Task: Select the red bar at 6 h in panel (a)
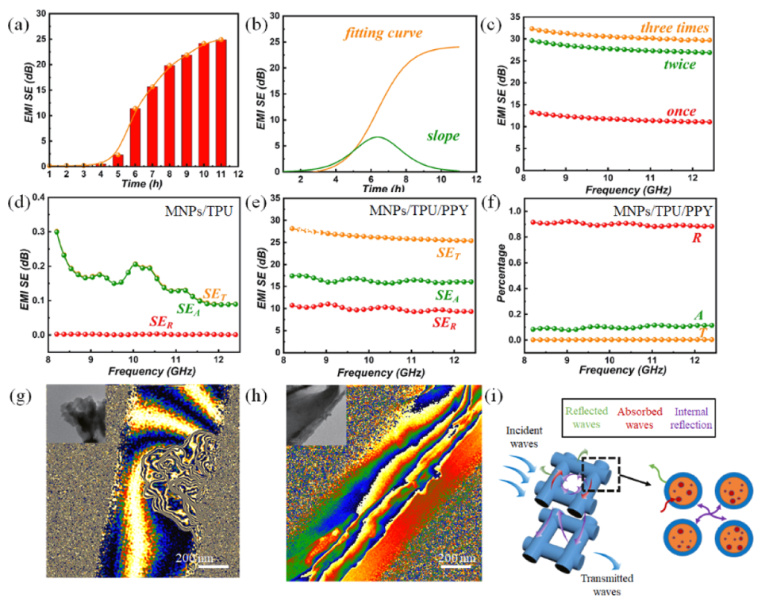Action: click(135, 137)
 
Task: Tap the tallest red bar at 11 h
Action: click(221, 103)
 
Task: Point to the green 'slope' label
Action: click(444, 136)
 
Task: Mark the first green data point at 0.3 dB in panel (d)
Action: click(57, 232)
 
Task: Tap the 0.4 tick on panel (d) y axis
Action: click(35, 201)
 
